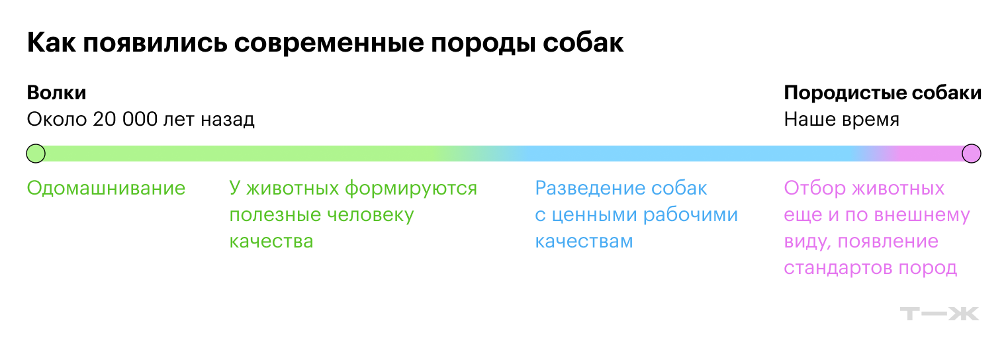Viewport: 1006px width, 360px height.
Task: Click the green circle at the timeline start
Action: [36, 154]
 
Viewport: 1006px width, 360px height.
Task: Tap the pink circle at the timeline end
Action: [972, 154]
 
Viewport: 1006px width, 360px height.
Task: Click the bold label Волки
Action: [57, 93]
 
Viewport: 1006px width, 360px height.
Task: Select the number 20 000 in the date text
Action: [125, 119]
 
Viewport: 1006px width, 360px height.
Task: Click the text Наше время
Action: [842, 119]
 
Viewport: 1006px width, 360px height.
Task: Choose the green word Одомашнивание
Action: [106, 188]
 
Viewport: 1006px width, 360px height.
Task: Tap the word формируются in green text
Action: [411, 189]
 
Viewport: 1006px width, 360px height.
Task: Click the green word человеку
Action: [370, 215]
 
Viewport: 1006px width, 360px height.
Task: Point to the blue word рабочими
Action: [690, 215]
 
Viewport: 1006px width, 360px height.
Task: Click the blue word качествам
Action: [584, 242]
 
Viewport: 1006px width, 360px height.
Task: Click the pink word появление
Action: [888, 242]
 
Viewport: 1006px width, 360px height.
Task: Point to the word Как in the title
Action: [51, 43]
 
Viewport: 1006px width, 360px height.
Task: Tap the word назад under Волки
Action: [227, 120]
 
